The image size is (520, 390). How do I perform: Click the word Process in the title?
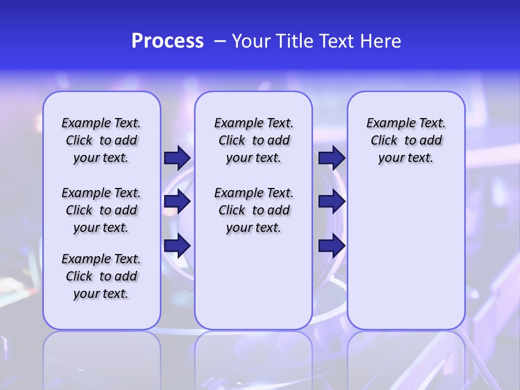click(x=167, y=41)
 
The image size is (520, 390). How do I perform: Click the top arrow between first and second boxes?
click(x=177, y=158)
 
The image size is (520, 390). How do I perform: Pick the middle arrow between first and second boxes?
click(x=177, y=201)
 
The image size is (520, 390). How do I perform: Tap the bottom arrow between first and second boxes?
click(x=177, y=245)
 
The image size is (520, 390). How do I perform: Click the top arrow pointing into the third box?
click(x=331, y=158)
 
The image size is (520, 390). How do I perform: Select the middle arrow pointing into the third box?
click(x=331, y=201)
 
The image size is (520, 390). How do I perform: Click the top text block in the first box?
click(x=101, y=140)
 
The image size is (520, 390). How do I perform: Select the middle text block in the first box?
click(x=101, y=210)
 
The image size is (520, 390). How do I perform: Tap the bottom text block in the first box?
click(x=101, y=276)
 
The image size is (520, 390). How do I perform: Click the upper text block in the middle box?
click(x=253, y=140)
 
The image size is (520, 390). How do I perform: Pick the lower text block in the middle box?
click(x=253, y=210)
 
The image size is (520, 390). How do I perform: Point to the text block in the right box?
click(x=406, y=140)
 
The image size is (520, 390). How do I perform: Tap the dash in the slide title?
click(x=220, y=41)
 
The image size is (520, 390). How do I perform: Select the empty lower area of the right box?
click(x=406, y=260)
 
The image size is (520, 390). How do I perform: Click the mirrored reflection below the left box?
click(x=102, y=357)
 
